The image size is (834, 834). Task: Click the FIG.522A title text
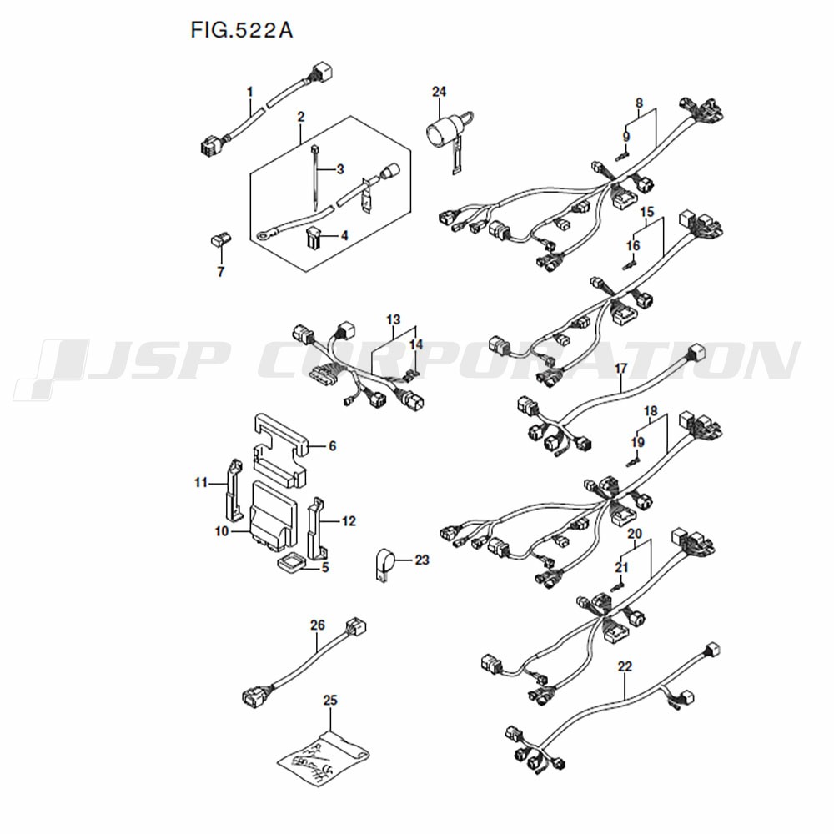pyautogui.click(x=241, y=31)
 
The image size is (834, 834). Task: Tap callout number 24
pyautogui.click(x=440, y=90)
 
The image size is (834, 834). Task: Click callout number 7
pyautogui.click(x=221, y=271)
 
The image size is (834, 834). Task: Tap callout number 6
pyautogui.click(x=332, y=446)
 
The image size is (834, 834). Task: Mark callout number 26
pyautogui.click(x=317, y=623)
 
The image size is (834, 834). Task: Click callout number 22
pyautogui.click(x=625, y=666)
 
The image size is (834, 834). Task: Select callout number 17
pyautogui.click(x=620, y=367)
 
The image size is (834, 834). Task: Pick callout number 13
pyautogui.click(x=394, y=319)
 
